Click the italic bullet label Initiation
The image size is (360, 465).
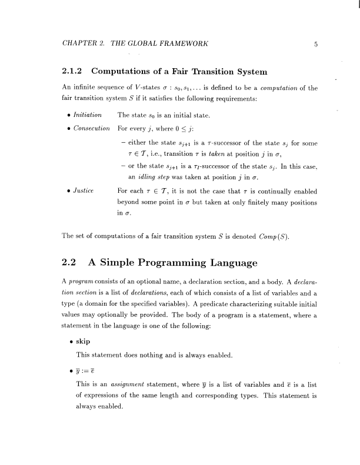86,115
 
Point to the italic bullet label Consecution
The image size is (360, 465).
90,128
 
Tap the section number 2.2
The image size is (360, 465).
70,263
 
